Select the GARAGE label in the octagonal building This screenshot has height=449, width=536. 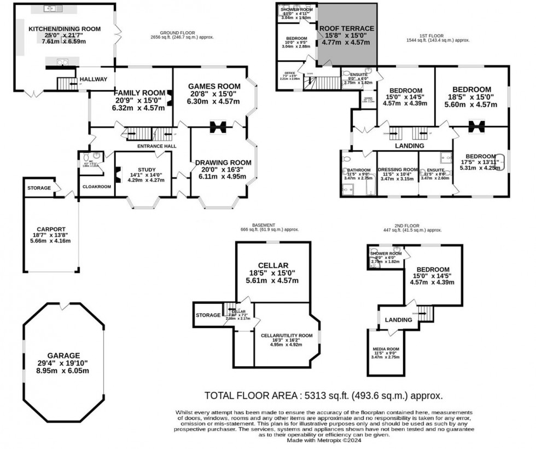tap(63, 355)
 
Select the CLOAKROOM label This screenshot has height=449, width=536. tap(96, 187)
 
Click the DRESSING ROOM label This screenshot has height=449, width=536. tap(398, 170)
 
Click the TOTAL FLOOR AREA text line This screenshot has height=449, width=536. tap(323, 395)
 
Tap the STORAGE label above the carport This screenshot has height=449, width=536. tap(39, 188)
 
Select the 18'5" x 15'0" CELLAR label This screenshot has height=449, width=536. tap(272, 267)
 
